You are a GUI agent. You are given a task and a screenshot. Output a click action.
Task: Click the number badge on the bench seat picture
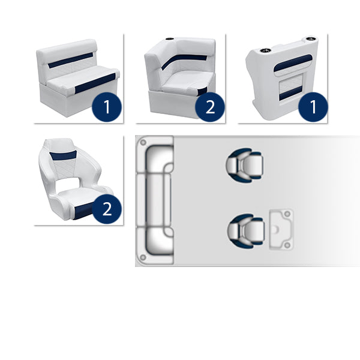tap(107, 107)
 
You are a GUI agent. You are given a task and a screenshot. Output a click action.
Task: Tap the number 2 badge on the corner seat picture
tap(210, 107)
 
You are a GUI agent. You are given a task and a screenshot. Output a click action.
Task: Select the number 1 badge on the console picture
tap(313, 107)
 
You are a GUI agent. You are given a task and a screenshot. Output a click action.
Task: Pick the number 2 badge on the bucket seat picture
tap(107, 209)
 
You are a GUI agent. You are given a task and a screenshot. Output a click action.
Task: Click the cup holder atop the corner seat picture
tap(169, 39)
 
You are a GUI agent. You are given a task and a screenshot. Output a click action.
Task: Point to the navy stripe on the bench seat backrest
tap(70, 60)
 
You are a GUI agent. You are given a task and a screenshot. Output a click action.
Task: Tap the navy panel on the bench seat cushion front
tap(95, 83)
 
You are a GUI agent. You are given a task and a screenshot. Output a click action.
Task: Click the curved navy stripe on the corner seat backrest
tap(183, 61)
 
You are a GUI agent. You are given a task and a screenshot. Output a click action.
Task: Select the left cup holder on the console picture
tap(265, 50)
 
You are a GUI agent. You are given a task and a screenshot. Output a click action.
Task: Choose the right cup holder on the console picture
tap(310, 39)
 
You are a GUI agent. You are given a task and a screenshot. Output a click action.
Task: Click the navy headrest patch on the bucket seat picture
tap(63, 155)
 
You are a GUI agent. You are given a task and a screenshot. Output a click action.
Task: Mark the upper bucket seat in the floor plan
tap(244, 165)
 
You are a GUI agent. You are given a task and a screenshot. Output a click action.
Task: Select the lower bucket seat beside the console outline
tap(246, 231)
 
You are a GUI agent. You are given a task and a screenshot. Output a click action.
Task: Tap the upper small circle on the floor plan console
tap(287, 214)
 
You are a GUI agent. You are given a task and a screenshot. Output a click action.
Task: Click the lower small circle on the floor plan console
tap(287, 245)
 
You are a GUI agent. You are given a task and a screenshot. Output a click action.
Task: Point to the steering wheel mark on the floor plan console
tap(276, 229)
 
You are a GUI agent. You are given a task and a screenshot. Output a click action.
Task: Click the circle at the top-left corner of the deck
tap(143, 142)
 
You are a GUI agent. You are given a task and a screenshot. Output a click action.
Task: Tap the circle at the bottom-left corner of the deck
tap(143, 257)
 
